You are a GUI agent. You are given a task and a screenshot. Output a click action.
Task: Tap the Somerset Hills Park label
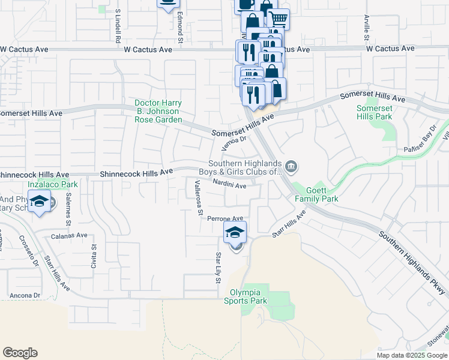(x=375, y=112)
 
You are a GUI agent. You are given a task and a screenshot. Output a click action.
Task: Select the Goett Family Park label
(x=316, y=194)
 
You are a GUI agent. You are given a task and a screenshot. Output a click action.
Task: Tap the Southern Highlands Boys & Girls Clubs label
(x=245, y=167)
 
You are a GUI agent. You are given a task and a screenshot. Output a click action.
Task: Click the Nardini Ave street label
(x=230, y=186)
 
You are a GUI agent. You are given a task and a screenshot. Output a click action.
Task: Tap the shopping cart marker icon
(x=278, y=19)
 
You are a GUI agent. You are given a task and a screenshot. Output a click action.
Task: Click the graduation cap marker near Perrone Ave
(x=235, y=232)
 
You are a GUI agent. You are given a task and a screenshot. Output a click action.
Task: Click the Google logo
(x=20, y=353)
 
